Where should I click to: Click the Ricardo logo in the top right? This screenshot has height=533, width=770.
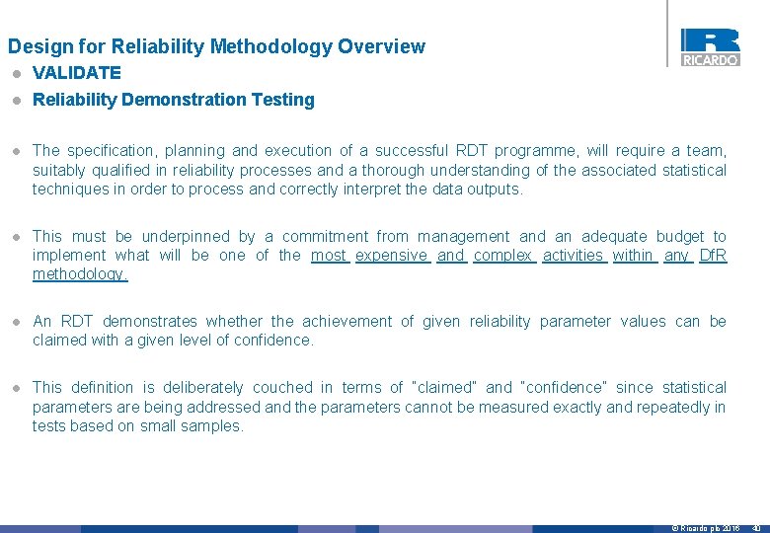pos(710,46)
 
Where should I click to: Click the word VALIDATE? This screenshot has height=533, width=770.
pos(77,73)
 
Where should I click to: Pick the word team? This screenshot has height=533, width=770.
pos(705,151)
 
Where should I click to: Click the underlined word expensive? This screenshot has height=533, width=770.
pos(391,256)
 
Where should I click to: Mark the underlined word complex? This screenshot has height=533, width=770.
pos(503,256)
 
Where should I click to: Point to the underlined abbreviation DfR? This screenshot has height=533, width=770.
pos(712,256)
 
